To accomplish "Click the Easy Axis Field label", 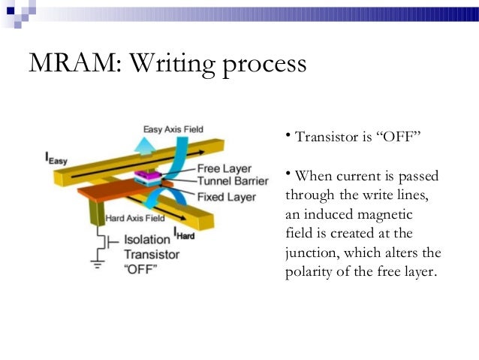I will [173, 129].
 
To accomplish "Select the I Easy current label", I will [56, 158].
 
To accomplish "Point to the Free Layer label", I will [224, 169].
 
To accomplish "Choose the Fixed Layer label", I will [226, 196].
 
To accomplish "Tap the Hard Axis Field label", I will [134, 219].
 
